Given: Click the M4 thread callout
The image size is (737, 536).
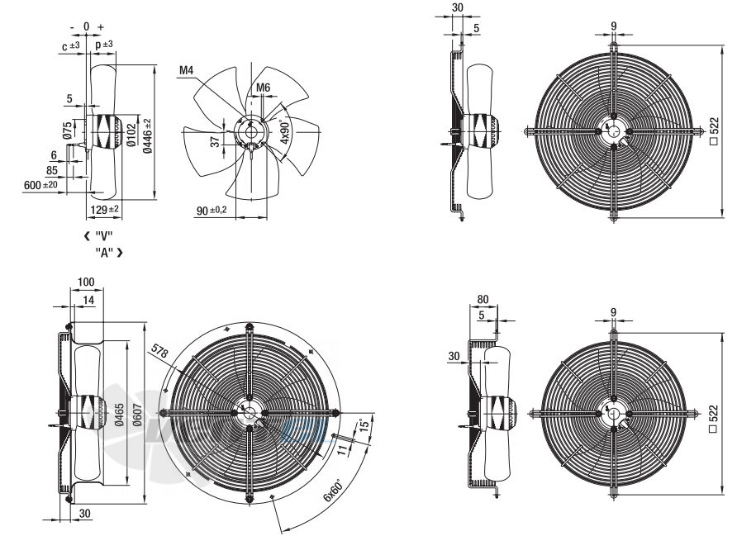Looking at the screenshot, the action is click(x=187, y=70).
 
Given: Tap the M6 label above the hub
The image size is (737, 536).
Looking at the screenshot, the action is click(x=264, y=88).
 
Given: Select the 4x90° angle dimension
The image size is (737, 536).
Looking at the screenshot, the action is click(x=285, y=132).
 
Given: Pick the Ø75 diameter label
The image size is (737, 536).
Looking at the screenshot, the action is click(x=68, y=130).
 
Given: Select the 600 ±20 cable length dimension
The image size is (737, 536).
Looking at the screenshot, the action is click(x=40, y=185).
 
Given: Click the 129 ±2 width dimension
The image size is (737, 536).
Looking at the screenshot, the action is click(x=104, y=210).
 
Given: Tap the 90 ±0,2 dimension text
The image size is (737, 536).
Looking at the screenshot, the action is click(x=212, y=211).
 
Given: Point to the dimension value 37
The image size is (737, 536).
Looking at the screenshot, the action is click(x=215, y=142).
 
